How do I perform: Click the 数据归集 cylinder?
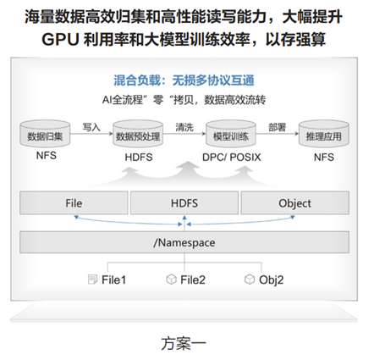click(x=45, y=134)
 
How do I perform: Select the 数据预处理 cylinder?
click(x=138, y=134)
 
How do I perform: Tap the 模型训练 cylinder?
click(x=231, y=134)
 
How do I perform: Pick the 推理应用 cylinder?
click(x=324, y=134)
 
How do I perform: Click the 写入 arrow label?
click(x=91, y=127)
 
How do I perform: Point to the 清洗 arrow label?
click(x=184, y=127)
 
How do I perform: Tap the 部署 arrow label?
click(x=278, y=127)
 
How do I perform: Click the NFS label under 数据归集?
click(x=47, y=156)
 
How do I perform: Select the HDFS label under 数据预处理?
click(x=139, y=158)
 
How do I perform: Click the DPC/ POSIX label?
click(x=232, y=158)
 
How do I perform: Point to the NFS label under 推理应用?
click(x=324, y=158)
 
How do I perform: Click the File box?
click(x=74, y=203)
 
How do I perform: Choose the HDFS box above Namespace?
click(x=184, y=203)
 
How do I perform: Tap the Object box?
click(x=295, y=203)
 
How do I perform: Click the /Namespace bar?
click(x=184, y=242)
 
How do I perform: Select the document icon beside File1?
click(x=92, y=280)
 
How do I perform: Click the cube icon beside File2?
click(x=171, y=280)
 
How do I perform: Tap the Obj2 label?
click(x=272, y=280)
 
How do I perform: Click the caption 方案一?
click(x=184, y=344)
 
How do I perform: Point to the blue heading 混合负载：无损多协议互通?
click(x=184, y=80)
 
